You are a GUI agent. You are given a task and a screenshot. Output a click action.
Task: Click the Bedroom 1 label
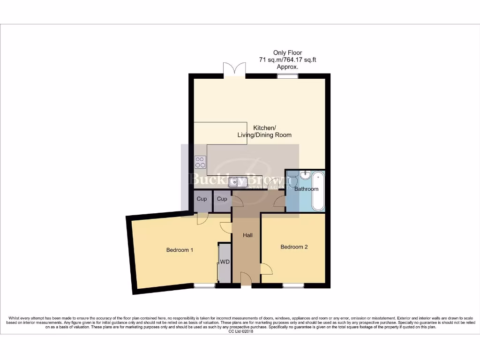180,250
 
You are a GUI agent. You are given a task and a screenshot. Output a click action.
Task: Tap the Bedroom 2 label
294,247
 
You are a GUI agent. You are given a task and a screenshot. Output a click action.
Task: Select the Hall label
247,235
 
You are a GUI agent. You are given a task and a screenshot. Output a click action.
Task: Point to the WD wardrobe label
225,262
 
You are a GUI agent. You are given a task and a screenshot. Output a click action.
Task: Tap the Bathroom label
306,189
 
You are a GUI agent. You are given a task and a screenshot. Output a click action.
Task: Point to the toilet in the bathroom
292,179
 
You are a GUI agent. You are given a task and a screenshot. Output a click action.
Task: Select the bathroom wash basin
305,174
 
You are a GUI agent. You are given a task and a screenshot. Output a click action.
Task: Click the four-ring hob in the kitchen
200,162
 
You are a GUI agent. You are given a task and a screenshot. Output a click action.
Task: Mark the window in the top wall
287,75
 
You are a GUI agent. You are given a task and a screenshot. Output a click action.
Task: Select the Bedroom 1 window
204,285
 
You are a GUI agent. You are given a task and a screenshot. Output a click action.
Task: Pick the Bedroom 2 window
293,285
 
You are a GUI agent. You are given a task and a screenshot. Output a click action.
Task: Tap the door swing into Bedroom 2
266,269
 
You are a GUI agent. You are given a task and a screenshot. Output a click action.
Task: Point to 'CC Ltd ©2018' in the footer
240,331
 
